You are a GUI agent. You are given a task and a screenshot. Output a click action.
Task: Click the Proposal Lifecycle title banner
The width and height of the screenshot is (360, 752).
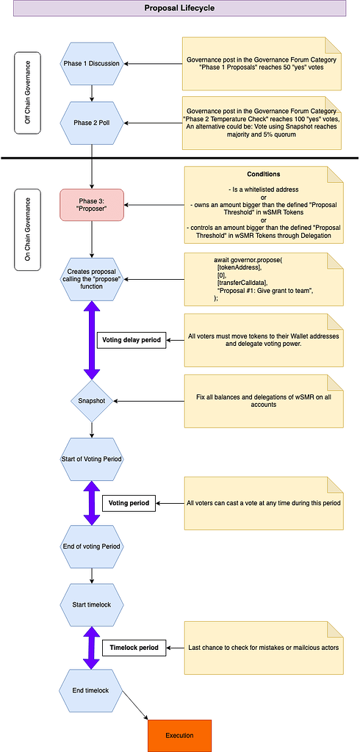point(180,8)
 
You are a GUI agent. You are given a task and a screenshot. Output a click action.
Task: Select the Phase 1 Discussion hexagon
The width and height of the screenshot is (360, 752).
point(92,63)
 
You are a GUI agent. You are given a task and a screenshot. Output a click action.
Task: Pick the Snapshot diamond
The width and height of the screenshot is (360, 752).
point(91,401)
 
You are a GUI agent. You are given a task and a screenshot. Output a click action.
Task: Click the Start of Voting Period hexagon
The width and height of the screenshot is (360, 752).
point(92,459)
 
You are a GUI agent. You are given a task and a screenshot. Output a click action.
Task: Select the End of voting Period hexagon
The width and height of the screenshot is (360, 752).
point(92,546)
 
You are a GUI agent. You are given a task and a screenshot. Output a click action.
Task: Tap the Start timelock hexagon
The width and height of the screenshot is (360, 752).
point(92,604)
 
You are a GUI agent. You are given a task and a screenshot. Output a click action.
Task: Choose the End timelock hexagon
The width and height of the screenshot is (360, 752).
point(92,690)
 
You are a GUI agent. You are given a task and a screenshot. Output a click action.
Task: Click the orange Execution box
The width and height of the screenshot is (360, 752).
point(180,735)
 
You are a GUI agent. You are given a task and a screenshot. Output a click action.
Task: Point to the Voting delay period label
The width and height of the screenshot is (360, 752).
point(132,340)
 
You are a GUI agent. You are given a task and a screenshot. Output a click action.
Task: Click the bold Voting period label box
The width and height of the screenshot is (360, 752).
point(129,503)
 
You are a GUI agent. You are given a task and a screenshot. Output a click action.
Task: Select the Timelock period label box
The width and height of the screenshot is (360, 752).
point(134,648)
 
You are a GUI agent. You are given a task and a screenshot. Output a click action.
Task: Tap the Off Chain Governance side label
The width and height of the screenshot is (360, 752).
point(28,93)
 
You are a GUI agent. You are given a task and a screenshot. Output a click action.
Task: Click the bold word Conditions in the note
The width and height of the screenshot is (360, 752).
point(264,175)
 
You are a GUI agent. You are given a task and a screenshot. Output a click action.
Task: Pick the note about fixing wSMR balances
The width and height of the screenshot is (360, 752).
point(264,401)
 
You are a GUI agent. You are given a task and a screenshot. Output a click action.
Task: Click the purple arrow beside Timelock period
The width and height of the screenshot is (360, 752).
point(92,648)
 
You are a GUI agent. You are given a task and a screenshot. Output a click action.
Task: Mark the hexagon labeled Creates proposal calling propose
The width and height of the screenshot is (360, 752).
point(92,281)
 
